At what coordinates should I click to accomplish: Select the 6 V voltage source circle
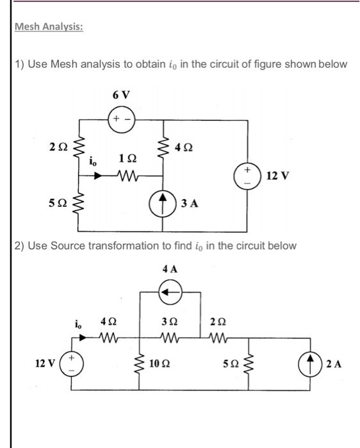(x=120, y=120)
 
